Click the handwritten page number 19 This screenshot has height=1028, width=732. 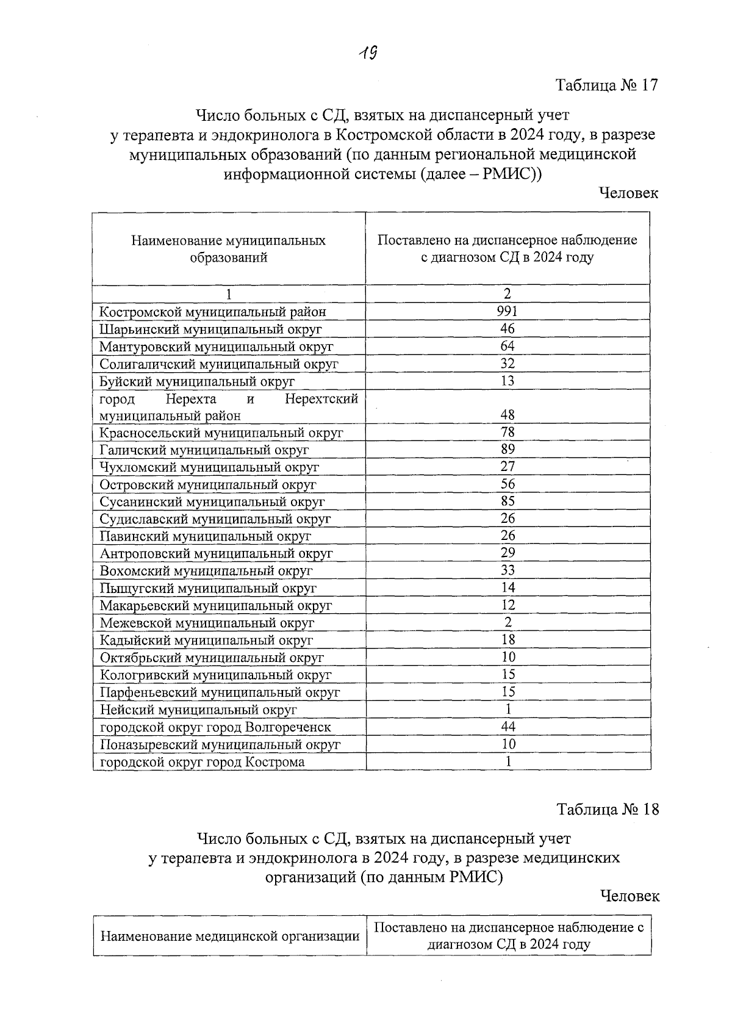click(367, 54)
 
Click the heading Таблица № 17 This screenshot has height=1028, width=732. click(607, 85)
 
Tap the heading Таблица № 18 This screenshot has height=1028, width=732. click(608, 809)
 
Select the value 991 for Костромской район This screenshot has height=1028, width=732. click(508, 311)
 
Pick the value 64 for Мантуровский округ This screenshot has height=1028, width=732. click(508, 346)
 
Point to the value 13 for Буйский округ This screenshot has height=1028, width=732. click(508, 381)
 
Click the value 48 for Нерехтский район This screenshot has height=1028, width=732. click(508, 415)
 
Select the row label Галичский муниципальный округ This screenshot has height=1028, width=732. click(204, 450)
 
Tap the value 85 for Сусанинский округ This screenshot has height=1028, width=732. click(508, 501)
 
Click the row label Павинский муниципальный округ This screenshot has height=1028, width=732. click(205, 536)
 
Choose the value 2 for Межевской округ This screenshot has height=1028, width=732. click(508, 622)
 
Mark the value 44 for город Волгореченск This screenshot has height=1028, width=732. click(508, 727)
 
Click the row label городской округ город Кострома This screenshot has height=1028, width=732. click(202, 762)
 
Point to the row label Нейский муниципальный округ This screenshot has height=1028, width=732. click(198, 710)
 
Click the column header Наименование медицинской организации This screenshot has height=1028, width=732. click(229, 936)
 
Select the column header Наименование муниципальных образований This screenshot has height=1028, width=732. click(228, 249)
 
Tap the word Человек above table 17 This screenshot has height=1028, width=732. click(628, 193)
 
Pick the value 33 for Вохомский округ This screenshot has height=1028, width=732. click(508, 570)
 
